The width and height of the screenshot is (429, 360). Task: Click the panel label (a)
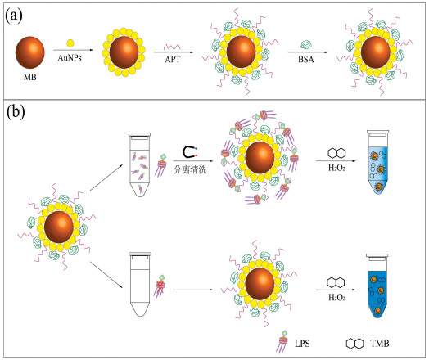pos(14,16)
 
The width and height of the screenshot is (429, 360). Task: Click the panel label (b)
pos(16,112)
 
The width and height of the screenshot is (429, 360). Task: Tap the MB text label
pos(29,77)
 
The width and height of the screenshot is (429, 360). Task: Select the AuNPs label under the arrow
pos(70,58)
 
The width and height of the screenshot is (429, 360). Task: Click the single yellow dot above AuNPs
pos(70,43)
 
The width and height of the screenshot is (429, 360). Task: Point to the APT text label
pos(173,59)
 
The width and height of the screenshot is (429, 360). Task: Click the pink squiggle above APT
pos(172,47)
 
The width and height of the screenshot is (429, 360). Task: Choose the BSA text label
pos(306,59)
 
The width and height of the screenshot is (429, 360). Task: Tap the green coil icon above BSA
pos(306,44)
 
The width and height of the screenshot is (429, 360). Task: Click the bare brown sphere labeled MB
pos(29,52)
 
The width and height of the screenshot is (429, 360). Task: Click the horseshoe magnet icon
pos(190,152)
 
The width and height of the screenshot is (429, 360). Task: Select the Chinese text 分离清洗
pos(190,169)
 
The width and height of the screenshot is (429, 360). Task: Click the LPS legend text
pos(302,344)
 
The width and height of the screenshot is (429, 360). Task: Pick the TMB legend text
pos(380,343)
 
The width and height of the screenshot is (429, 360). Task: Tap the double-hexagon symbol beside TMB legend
pos(354,344)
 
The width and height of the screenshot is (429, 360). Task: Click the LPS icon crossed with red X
pos(159,286)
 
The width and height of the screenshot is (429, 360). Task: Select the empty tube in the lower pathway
pos(140,284)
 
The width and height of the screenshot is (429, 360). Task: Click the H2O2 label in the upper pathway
pos(336,168)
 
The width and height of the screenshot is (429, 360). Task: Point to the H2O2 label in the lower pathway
pos(336,297)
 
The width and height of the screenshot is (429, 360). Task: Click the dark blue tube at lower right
pos(377,286)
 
